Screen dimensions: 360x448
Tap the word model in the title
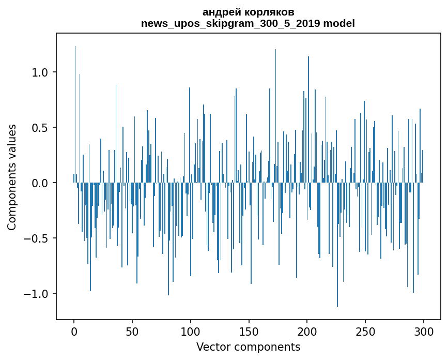[340, 23]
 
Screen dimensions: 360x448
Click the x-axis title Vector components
[248, 347]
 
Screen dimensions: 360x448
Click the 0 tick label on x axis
[74, 331]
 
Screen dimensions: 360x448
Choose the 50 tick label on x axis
[132, 331]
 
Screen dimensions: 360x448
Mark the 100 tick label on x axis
[191, 331]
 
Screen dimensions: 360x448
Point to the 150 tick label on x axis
[249, 331]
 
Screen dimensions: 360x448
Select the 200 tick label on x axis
[307, 331]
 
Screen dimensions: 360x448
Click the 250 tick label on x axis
[365, 331]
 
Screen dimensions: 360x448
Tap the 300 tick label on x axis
[424, 331]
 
